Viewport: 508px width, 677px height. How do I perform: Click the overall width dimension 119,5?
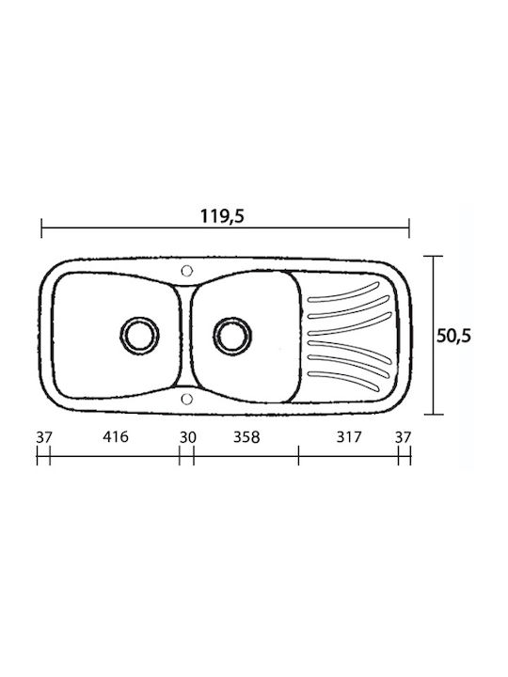(x=222, y=216)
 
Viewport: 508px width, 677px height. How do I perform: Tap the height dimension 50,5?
(x=453, y=336)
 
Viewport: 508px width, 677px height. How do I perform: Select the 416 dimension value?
(x=116, y=436)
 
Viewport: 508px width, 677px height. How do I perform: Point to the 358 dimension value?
(x=246, y=437)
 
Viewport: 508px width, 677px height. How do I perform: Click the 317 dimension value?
(x=348, y=437)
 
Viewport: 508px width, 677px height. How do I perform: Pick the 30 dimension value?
(x=188, y=437)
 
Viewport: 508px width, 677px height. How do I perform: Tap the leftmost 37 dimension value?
(x=44, y=437)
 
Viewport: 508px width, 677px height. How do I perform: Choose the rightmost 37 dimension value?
(x=403, y=437)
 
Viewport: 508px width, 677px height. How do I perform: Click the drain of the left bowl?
(x=139, y=335)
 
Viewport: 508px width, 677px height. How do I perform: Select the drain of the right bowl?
(x=232, y=335)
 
